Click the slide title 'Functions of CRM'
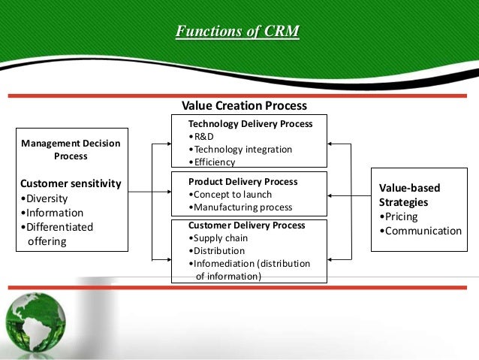pyautogui.click(x=237, y=32)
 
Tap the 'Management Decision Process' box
pyautogui.click(x=71, y=150)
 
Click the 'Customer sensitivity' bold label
pyautogui.click(x=71, y=183)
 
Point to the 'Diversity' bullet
pyautogui.click(x=45, y=198)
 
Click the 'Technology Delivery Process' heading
pyautogui.click(x=250, y=123)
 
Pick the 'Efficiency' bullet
pyautogui.click(x=214, y=162)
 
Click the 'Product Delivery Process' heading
pyautogui.click(x=243, y=182)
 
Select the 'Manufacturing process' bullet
pyautogui.click(x=239, y=207)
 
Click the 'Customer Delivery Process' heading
pyautogui.click(x=246, y=225)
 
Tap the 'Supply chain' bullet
pyautogui.click(x=219, y=238)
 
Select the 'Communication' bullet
pyautogui.click(x=420, y=230)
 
